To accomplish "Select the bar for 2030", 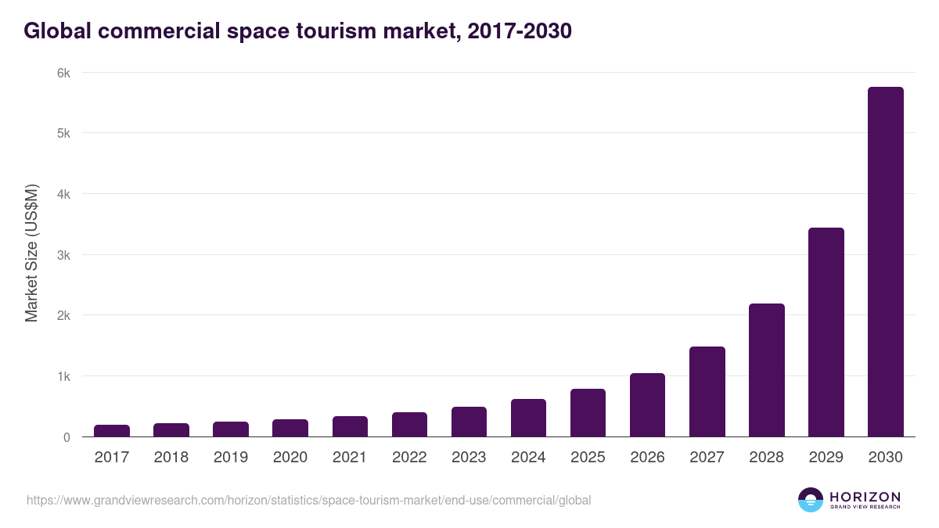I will pos(885,262).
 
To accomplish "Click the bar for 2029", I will pos(826,332).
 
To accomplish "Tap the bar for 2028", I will pos(766,370).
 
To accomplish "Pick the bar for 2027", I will pos(707,392).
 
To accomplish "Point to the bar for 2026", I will pos(647,405).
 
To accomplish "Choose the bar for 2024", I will pos(528,418).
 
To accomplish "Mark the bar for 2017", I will pos(112,431).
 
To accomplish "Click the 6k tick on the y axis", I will pos(63,73).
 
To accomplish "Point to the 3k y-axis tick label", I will pos(63,255).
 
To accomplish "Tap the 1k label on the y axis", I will pos(63,376).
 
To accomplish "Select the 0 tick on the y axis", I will pos(67,437).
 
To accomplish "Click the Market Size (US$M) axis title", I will pos(31,254).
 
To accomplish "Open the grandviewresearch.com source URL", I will pos(308,500).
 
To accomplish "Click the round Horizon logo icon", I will pos(810,500).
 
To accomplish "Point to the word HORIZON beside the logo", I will pos(865,496).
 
